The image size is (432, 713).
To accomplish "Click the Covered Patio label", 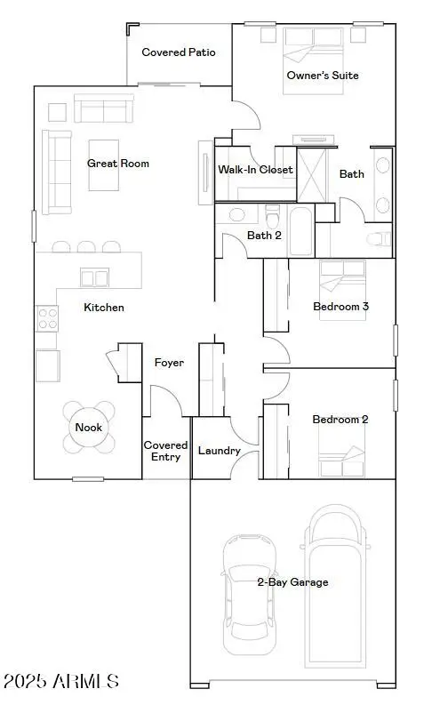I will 179,52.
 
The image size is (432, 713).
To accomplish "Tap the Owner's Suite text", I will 323,76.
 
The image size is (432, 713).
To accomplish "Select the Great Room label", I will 118,164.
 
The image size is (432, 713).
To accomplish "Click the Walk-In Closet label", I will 256,170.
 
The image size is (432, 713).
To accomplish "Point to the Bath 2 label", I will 264,236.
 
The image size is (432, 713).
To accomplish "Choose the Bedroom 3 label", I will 341,307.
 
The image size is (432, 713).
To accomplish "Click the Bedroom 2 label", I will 340,420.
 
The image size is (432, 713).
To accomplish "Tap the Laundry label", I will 219,451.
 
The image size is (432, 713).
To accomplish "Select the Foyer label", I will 169,363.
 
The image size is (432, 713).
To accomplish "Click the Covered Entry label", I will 166,451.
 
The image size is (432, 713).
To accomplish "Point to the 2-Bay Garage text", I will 292,582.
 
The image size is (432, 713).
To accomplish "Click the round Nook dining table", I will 89,428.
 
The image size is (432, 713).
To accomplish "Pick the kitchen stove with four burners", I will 45,318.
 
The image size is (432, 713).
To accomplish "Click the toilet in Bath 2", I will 273,216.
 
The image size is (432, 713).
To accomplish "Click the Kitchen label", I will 104,308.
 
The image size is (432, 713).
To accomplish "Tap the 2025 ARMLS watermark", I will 60,682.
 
